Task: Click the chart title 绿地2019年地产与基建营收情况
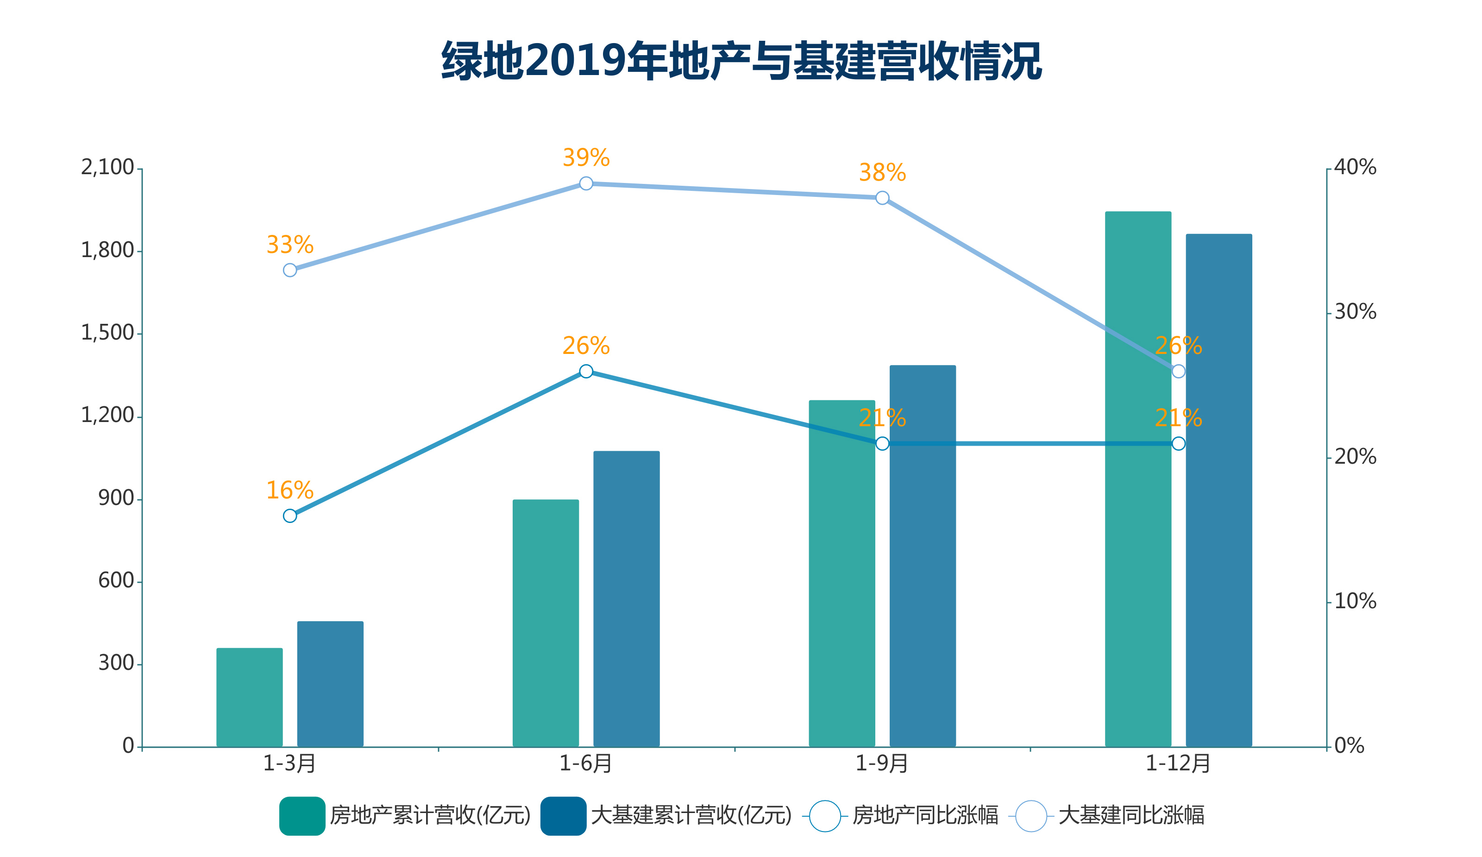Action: click(x=741, y=61)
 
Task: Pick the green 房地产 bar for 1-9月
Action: click(x=841, y=573)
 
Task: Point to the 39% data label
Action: click(x=586, y=158)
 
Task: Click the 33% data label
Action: click(x=290, y=245)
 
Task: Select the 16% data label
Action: click(x=290, y=490)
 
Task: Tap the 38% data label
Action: click(x=882, y=172)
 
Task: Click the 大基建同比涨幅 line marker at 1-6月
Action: click(x=586, y=183)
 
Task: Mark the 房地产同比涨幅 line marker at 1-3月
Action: click(x=290, y=516)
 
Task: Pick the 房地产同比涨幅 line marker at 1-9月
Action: click(x=882, y=443)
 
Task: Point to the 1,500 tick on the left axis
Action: click(x=107, y=333)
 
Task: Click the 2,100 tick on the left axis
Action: click(x=107, y=168)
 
